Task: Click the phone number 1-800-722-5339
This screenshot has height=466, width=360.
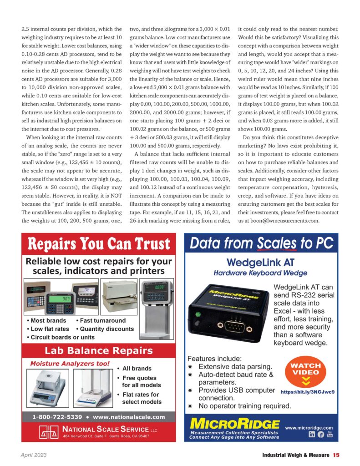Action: (57, 416)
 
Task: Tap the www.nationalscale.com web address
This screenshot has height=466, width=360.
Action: (129, 416)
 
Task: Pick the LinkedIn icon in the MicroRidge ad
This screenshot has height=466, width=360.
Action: (312, 435)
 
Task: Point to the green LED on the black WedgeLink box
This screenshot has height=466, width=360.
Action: (198, 314)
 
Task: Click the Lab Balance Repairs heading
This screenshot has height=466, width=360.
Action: (98, 350)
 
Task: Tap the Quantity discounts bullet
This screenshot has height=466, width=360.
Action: (106, 329)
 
